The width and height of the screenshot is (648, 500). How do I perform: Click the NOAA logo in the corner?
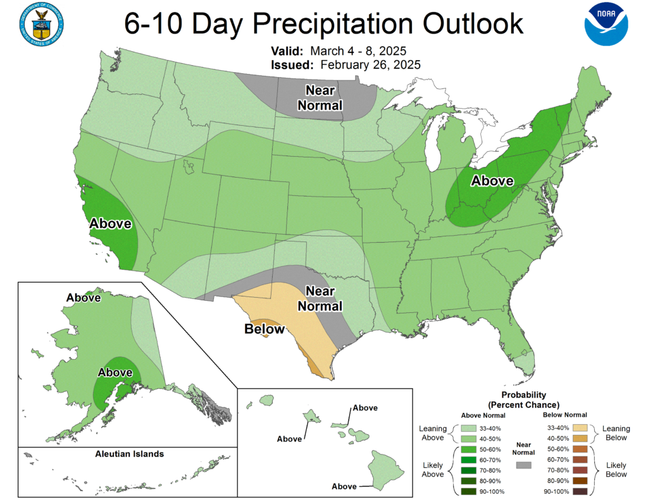pyautogui.click(x=606, y=23)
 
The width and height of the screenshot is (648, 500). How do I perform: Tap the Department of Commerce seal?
pyautogui.click(x=40, y=23)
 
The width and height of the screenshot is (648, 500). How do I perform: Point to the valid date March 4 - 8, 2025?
pyautogui.click(x=363, y=51)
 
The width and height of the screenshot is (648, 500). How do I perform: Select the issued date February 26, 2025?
pyautogui.click(x=370, y=64)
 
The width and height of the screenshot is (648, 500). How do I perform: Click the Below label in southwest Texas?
pyautogui.click(x=265, y=329)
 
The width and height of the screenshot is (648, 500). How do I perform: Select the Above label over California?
pyautogui.click(x=110, y=223)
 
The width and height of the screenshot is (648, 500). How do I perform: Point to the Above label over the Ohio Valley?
pyautogui.click(x=492, y=181)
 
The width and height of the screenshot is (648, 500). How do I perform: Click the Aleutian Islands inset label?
pyautogui.click(x=129, y=454)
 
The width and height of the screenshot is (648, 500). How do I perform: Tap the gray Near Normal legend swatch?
pyautogui.click(x=523, y=465)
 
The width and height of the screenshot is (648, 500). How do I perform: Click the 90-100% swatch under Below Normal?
pyautogui.click(x=580, y=491)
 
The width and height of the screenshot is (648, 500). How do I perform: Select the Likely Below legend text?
pyautogui.click(x=616, y=470)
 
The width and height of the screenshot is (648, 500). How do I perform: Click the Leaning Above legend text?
pyautogui.click(x=433, y=433)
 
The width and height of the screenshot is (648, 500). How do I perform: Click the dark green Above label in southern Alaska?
pyautogui.click(x=115, y=372)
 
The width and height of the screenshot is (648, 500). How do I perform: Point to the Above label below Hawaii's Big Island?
pyautogui.click(x=344, y=486)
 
